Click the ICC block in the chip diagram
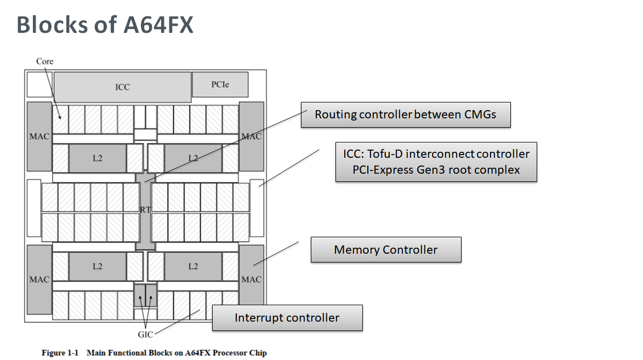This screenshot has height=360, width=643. tap(123, 87)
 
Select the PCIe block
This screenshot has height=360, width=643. tap(220, 84)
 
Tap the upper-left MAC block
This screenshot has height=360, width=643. tap(39, 136)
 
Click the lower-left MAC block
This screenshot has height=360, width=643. tap(39, 279)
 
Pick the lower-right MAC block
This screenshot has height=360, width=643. tap(252, 279)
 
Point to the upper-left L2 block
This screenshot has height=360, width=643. tap(98, 158)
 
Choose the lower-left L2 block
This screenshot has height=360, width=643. tap(98, 266)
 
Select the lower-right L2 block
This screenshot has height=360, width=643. tap(193, 266)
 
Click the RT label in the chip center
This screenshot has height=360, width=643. tap(145, 210)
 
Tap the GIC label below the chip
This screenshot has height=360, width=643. tap(145, 335)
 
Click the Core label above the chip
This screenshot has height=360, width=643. tap(45, 61)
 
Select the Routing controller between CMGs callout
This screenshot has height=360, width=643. tap(406, 115)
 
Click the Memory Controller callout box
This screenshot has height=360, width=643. tap(386, 250)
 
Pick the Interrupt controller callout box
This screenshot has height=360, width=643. tap(287, 318)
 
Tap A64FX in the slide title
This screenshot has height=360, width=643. tap(158, 25)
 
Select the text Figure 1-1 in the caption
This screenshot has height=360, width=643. tap(60, 353)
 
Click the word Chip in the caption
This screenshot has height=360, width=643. tap(258, 353)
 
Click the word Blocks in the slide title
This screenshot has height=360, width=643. tap(52, 25)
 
